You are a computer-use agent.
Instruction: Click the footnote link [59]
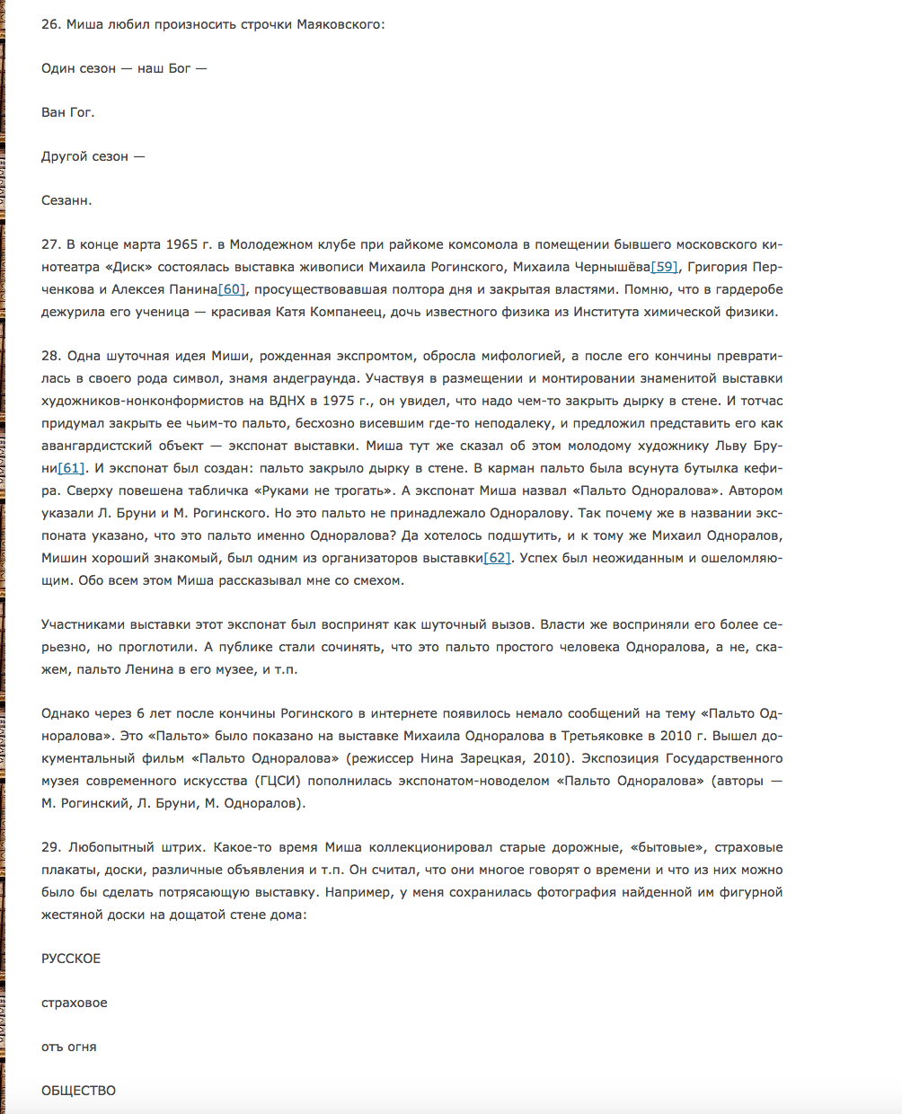[x=664, y=267]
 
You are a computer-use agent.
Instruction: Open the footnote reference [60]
[x=231, y=289]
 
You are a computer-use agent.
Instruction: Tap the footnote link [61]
[x=71, y=468]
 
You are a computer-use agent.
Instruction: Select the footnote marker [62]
[x=497, y=558]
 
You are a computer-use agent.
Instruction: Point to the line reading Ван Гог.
[x=67, y=112]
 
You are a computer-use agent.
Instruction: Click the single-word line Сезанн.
[x=66, y=200]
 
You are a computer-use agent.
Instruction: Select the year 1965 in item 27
[x=182, y=244]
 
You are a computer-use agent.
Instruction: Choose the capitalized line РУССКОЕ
[x=71, y=959]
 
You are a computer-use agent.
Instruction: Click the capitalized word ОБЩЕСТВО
[x=78, y=1091]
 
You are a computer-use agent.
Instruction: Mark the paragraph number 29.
[x=50, y=847]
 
